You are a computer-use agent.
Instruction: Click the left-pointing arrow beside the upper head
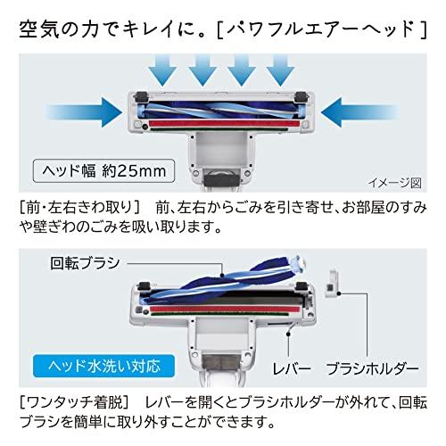359,112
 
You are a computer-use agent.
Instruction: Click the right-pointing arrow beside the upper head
85,112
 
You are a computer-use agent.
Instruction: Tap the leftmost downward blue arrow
163,71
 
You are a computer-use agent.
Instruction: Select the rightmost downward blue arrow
280,71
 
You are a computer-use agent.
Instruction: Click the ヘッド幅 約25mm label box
103,171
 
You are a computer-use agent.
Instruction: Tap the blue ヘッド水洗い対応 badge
103,366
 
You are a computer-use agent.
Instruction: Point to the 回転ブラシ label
85,263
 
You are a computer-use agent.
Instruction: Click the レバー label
292,368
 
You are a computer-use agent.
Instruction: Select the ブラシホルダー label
373,368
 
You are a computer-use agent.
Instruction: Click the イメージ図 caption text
395,183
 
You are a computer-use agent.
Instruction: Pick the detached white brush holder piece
332,283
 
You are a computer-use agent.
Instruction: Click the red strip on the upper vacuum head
224,124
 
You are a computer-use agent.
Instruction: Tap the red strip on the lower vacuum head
224,310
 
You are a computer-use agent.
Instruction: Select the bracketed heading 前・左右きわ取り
79,208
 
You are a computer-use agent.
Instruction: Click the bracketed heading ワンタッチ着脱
74,402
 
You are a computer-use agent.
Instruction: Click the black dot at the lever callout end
288,334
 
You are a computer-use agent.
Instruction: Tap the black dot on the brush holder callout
339,293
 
